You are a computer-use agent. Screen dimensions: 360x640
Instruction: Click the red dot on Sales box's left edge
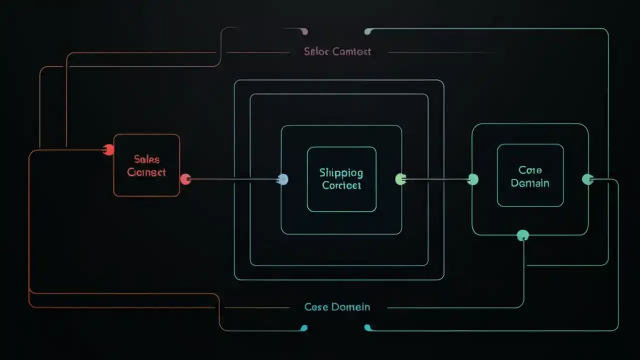(x=108, y=149)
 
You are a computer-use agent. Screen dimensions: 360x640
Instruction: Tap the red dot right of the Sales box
(x=185, y=179)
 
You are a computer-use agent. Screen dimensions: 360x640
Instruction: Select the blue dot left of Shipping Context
(x=282, y=179)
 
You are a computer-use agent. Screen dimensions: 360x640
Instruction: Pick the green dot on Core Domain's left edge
(x=472, y=179)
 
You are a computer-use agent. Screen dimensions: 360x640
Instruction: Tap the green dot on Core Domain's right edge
(x=588, y=179)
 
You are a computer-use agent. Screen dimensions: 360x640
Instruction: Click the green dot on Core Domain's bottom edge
(x=523, y=235)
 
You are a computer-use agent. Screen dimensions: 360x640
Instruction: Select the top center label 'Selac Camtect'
(x=337, y=51)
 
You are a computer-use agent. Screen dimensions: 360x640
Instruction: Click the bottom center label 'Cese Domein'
(x=337, y=307)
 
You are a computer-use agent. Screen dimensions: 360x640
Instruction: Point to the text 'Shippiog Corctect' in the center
(x=342, y=179)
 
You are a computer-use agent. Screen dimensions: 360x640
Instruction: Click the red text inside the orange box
(x=146, y=165)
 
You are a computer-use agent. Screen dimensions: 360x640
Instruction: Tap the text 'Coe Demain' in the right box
(x=530, y=176)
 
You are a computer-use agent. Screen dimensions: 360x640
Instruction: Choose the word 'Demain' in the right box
(x=530, y=183)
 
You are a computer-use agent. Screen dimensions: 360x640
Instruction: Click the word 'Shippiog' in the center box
(x=341, y=173)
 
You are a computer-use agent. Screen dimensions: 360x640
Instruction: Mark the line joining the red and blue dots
(x=232, y=179)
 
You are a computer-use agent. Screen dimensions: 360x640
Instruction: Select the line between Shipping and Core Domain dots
(x=436, y=179)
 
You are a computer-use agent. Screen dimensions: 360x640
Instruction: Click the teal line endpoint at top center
(x=368, y=32)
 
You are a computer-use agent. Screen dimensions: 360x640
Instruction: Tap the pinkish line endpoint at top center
(x=304, y=32)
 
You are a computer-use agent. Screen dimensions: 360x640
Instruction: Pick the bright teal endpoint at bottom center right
(x=368, y=327)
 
